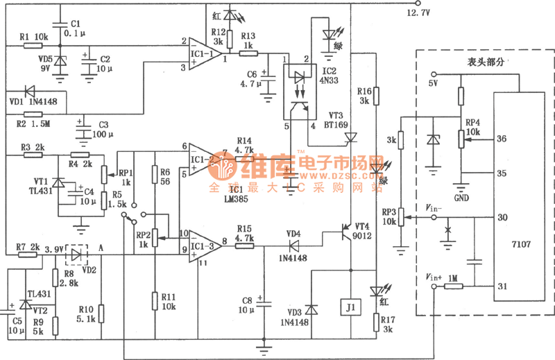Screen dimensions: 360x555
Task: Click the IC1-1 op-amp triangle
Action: (x=203, y=55)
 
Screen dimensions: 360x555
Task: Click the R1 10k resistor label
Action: (x=33, y=36)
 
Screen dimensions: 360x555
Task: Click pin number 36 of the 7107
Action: (x=502, y=139)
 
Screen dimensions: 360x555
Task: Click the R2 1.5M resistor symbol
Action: (x=33, y=114)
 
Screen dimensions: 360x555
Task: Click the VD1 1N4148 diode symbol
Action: (x=30, y=90)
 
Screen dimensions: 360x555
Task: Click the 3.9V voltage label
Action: (x=53, y=248)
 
